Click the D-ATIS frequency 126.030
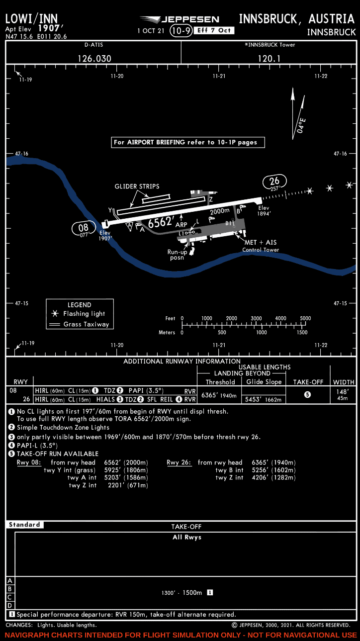tap(94, 58)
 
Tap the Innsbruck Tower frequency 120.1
tap(269, 58)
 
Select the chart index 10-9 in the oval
tap(180, 31)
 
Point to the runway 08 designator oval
tap(84, 229)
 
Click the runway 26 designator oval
tap(275, 182)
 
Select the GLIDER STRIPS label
tap(137, 186)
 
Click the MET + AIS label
tap(260, 242)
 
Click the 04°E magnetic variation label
tap(301, 124)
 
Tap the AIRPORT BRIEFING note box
tap(188, 142)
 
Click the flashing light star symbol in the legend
tap(56, 314)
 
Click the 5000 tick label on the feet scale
tap(305, 318)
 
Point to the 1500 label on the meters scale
tap(302, 333)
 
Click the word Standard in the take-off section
tap(24, 525)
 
